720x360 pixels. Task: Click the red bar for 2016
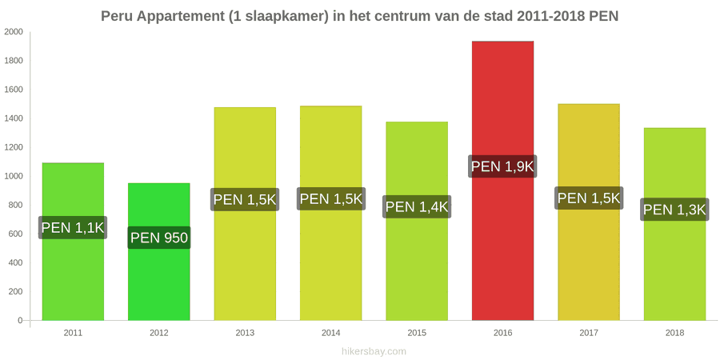[503, 181]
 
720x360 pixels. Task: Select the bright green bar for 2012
[159, 252]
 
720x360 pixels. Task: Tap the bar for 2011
[73, 242]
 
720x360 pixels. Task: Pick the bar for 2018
[674, 224]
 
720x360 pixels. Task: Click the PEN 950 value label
[159, 238]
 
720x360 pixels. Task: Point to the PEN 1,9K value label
[503, 166]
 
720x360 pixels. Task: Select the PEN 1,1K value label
[73, 227]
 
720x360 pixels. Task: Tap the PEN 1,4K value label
[417, 206]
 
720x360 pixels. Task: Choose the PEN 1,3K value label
[674, 210]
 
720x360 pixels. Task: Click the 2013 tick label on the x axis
[245, 333]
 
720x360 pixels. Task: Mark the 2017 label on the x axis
[589, 333]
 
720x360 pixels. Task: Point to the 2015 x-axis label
[417, 333]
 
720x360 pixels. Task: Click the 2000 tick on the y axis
[14, 32]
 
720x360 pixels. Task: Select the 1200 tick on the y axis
[14, 147]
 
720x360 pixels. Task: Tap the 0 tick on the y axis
[20, 321]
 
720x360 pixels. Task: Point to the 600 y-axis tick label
[16, 234]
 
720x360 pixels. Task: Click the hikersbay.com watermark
[374, 352]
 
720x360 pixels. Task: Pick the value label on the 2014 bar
[331, 199]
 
